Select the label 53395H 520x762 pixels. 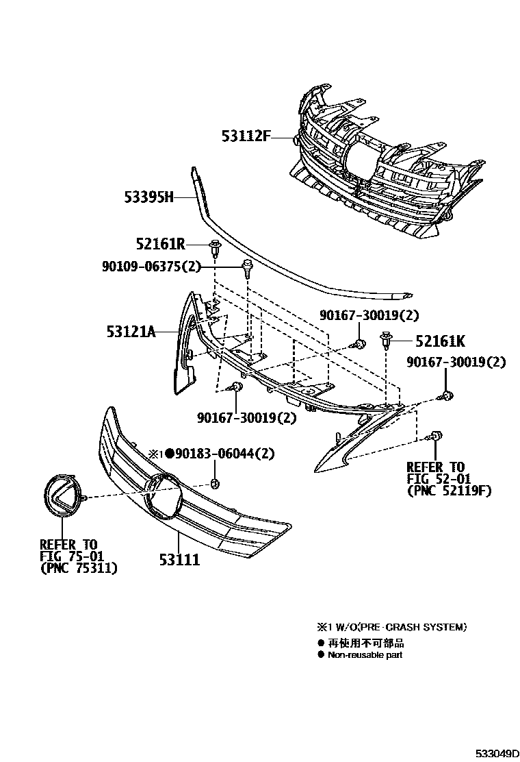[x=147, y=197]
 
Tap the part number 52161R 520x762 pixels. [x=160, y=244]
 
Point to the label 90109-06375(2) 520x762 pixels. [x=147, y=267]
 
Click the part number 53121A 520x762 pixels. [x=131, y=332]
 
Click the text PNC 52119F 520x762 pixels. [x=448, y=491]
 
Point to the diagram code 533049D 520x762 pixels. [x=489, y=754]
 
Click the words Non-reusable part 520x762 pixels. [x=365, y=654]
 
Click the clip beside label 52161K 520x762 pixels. [x=386, y=339]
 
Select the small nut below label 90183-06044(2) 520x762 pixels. [x=215, y=484]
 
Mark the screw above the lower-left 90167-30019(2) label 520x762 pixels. [x=237, y=388]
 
